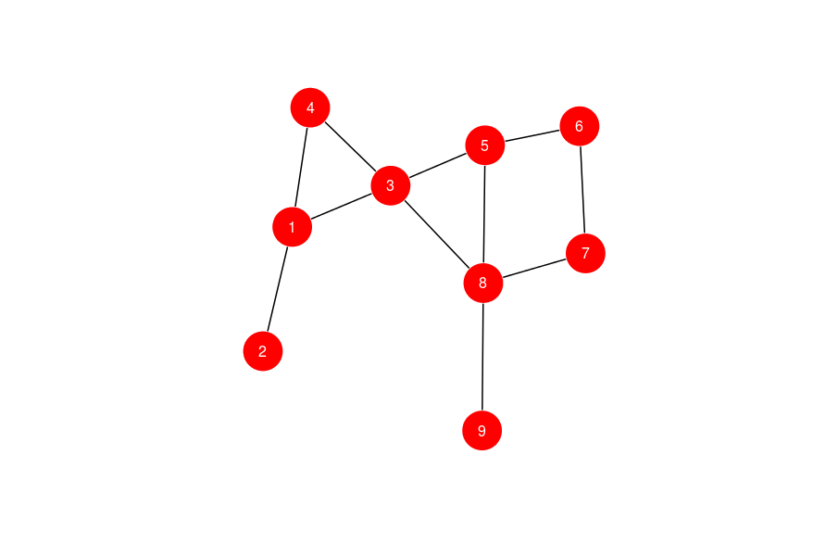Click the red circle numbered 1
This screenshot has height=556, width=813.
(292, 227)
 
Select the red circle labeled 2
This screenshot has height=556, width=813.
(263, 351)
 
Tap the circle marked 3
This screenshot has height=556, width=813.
(390, 185)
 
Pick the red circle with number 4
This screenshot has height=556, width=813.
(310, 107)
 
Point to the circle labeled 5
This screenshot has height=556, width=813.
(484, 145)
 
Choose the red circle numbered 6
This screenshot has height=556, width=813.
(580, 126)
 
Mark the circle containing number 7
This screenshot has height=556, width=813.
(585, 253)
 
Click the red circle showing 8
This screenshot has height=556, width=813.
(482, 283)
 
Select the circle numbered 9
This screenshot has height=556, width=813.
(482, 431)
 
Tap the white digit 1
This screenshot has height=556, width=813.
(292, 227)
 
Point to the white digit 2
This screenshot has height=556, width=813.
(263, 351)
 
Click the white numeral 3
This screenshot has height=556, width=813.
(390, 185)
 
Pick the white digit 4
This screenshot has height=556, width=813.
(310, 107)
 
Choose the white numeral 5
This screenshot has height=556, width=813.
(484, 145)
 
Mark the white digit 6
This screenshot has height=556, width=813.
(580, 126)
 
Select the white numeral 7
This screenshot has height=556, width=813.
(585, 253)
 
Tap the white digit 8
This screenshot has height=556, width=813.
(482, 283)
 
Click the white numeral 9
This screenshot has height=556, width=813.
(482, 431)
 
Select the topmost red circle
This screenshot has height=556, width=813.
(310, 107)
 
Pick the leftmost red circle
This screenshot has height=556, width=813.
(263, 351)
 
